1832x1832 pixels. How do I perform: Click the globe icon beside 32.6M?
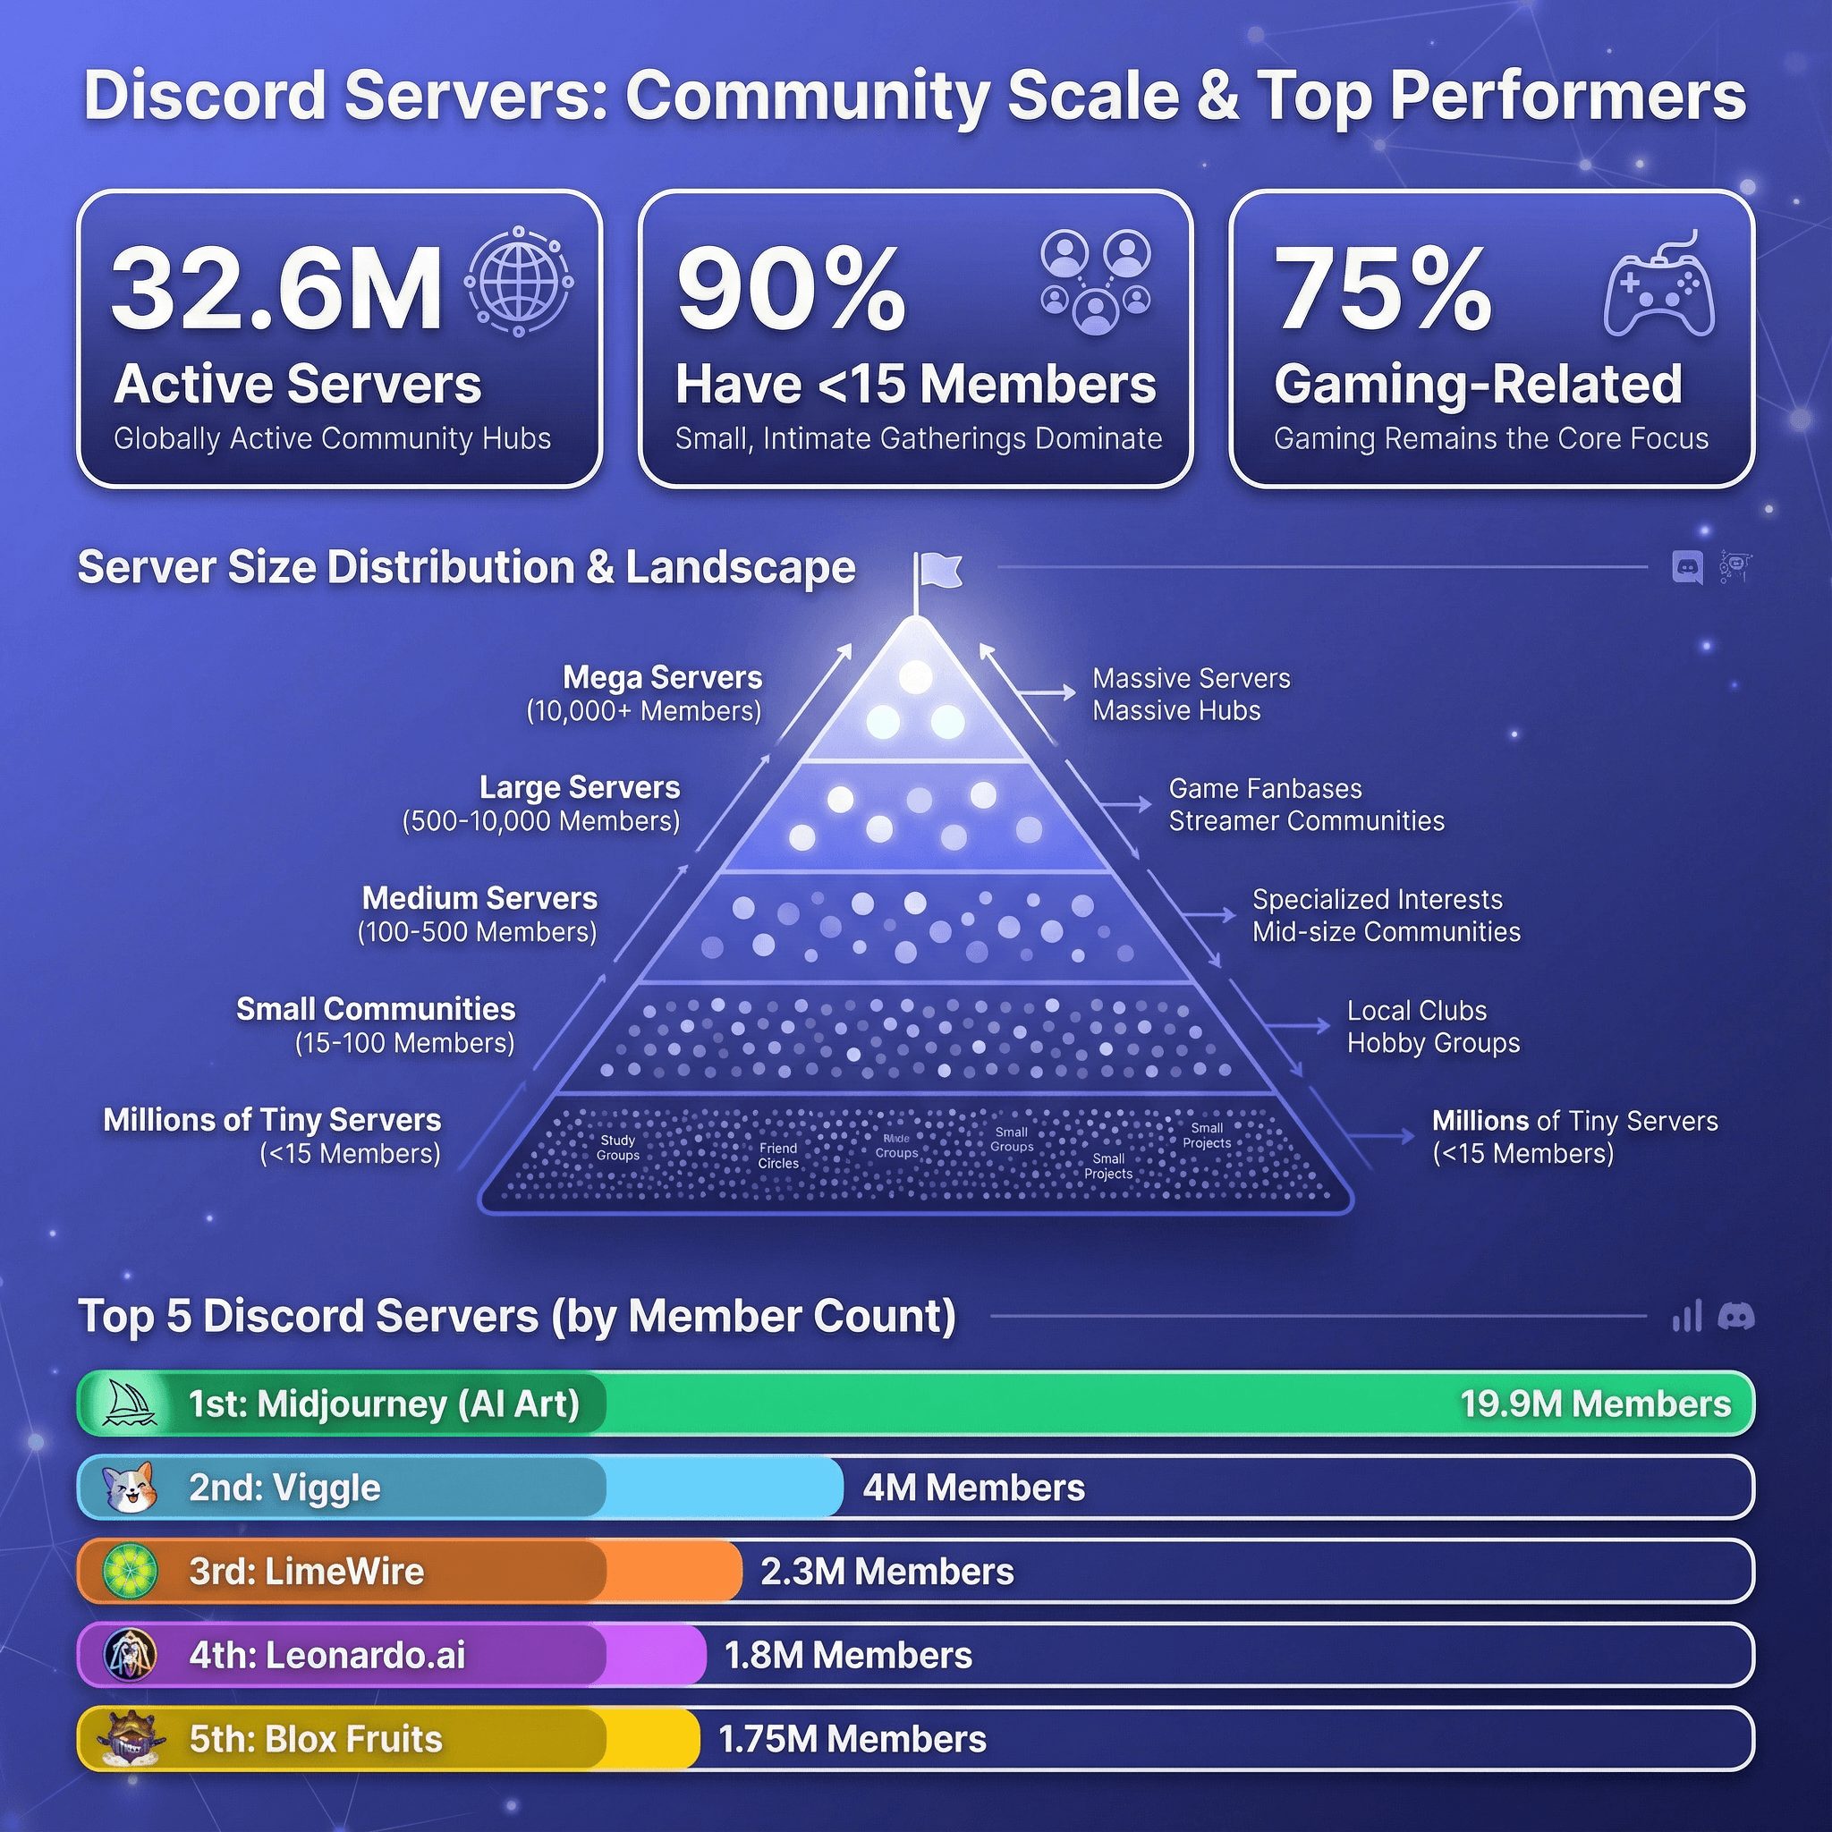519,282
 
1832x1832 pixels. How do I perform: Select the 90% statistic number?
791,288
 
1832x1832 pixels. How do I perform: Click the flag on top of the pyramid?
937,572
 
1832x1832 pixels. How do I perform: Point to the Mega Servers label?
662,678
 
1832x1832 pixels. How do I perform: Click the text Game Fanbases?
1265,789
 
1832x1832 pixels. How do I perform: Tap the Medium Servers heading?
479,898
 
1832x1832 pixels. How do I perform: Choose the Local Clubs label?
1417,1011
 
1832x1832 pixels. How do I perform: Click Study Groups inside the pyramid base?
617,1148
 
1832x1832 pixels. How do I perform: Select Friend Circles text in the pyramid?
777,1155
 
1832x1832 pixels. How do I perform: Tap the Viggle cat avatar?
128,1487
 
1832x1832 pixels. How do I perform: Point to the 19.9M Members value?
1595,1404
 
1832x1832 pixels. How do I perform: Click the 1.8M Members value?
848,1656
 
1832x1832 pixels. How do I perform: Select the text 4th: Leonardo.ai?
327,1656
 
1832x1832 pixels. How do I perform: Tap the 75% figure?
1383,288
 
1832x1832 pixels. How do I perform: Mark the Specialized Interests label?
1377,900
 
